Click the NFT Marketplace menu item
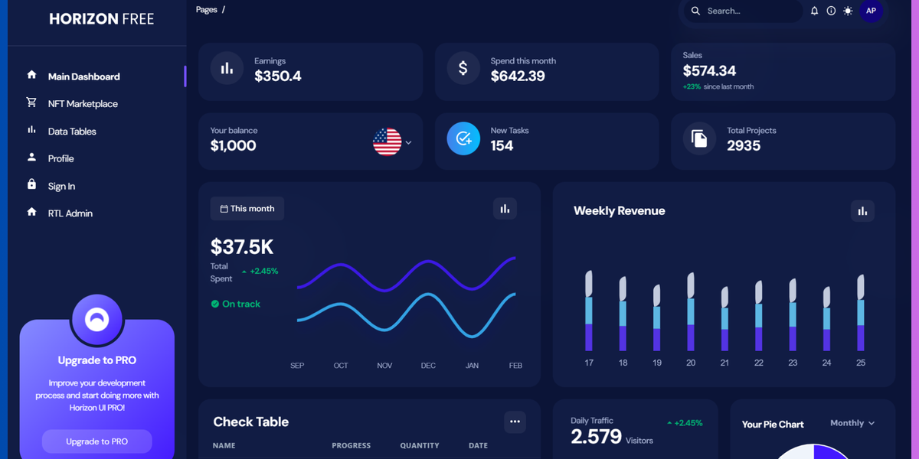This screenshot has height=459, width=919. [83, 104]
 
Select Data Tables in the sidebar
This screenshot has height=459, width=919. [72, 132]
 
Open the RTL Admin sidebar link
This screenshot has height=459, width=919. [70, 213]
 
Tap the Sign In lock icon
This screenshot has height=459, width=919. [31, 184]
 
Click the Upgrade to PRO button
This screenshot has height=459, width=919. [96, 441]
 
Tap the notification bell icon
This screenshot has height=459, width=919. [814, 11]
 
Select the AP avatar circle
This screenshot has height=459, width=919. [871, 11]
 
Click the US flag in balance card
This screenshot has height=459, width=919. [387, 142]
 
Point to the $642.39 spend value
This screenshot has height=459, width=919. [518, 76]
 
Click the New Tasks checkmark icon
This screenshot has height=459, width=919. [463, 138]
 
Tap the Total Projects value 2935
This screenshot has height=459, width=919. [744, 146]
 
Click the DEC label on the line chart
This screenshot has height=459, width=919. [428, 366]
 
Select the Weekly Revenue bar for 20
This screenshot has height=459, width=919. [691, 311]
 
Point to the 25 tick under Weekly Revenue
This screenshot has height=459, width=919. [861, 363]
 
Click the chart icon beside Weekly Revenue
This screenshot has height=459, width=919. [862, 211]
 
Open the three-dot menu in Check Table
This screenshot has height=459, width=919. [515, 422]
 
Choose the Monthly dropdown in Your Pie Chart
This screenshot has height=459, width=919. [852, 423]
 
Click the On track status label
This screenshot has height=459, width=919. [240, 304]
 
